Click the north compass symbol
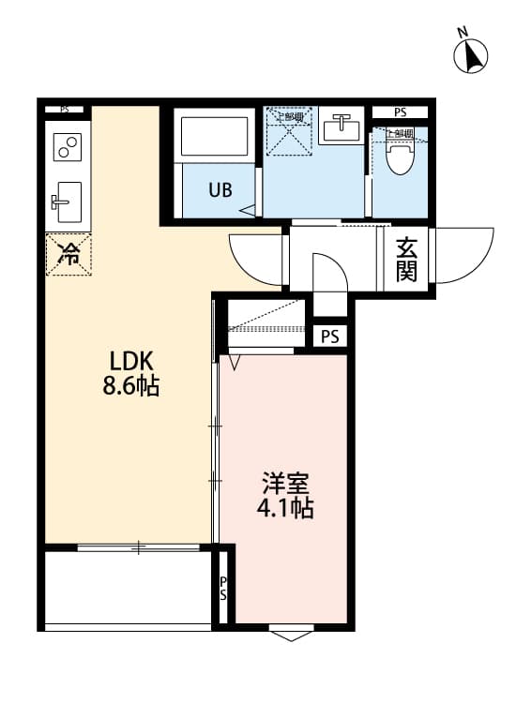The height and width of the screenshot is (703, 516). point(471,55)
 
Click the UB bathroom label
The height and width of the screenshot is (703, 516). point(220,189)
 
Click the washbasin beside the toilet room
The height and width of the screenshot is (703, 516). point(341,127)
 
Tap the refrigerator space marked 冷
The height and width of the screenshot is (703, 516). point(69,252)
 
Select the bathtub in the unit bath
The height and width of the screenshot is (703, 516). point(216,137)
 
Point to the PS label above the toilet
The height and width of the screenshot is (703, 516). point(400,112)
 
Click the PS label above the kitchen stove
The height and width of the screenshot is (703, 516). point(65,110)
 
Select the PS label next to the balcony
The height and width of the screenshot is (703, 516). point(223,588)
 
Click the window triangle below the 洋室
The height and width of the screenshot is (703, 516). point(292,635)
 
